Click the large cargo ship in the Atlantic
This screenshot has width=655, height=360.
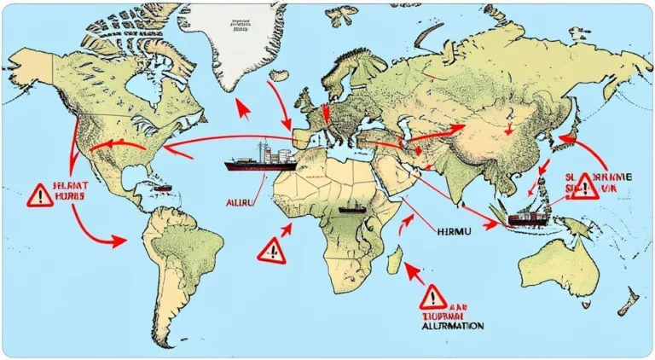[259, 160]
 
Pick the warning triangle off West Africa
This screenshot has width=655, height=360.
[272, 250]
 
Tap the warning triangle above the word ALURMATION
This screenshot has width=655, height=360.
[432, 297]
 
